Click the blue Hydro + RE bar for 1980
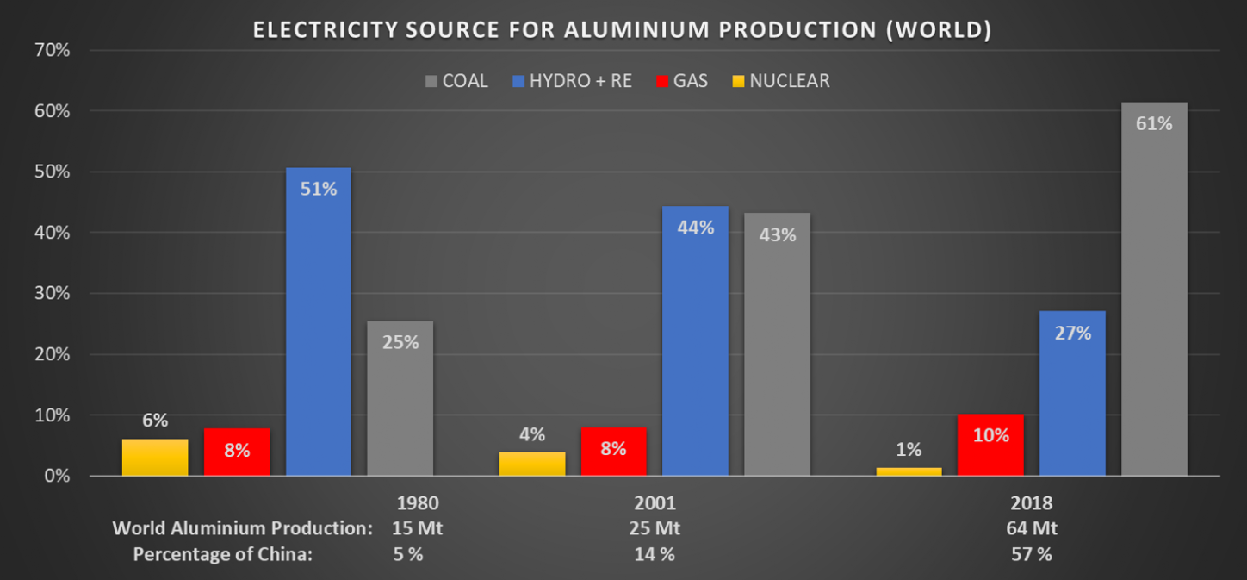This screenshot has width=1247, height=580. pyautogui.click(x=318, y=327)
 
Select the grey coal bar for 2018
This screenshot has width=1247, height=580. pyautogui.click(x=1154, y=293)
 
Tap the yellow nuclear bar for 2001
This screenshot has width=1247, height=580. pyautogui.click(x=532, y=463)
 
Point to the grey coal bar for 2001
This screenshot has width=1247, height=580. pyautogui.click(x=777, y=345)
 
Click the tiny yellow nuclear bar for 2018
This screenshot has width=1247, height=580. pyautogui.click(x=909, y=471)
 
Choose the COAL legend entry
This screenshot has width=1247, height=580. pyautogui.click(x=456, y=81)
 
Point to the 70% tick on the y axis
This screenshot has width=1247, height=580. pyautogui.click(x=52, y=51)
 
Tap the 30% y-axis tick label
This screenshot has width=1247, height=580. pyautogui.click(x=52, y=294)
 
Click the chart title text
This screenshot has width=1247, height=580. pyautogui.click(x=622, y=29)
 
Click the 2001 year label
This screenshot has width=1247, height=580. pyautogui.click(x=654, y=502)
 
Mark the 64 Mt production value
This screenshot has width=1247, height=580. pyautogui.click(x=1033, y=528)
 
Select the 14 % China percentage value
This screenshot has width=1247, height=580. pyautogui.click(x=654, y=554)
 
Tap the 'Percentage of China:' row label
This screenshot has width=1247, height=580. pyautogui.click(x=222, y=554)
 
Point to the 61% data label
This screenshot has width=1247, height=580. pyautogui.click(x=1154, y=123)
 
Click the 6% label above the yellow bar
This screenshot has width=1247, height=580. pyautogui.click(x=155, y=421)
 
